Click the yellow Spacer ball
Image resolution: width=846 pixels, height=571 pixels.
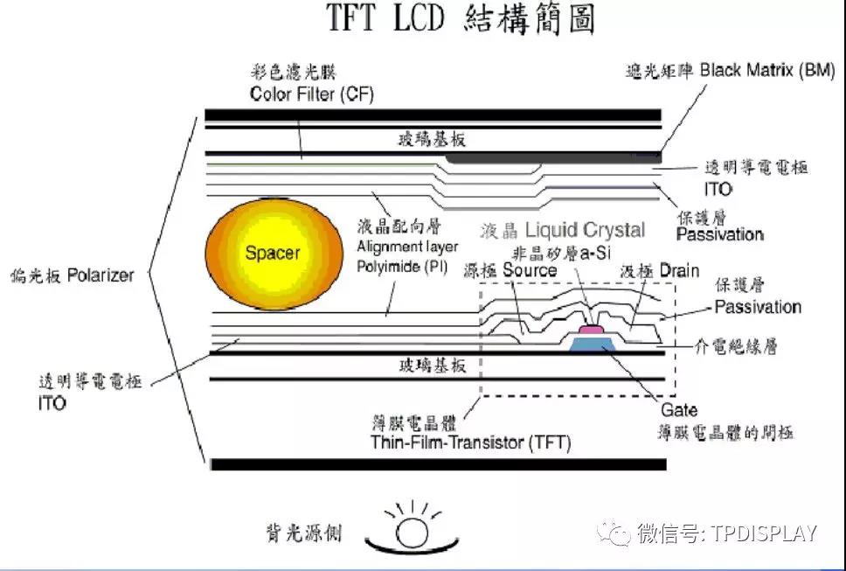point(272,254)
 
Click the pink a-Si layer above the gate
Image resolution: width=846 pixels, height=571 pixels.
point(593,329)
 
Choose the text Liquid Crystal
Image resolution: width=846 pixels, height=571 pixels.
point(586,230)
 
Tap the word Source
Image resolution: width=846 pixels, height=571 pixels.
point(530,270)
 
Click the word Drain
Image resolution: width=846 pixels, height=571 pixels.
point(679,270)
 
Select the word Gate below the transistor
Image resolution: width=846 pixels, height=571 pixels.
point(679,411)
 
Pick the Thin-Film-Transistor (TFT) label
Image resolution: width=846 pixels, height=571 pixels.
point(470,442)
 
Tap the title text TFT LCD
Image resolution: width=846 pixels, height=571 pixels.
point(389,19)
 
